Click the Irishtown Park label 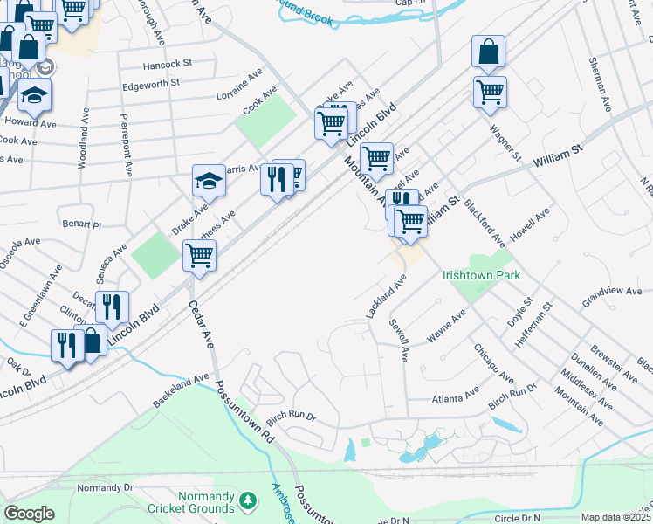(x=481, y=275)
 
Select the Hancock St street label (x=167, y=65)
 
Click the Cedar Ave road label (x=202, y=325)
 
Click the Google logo (x=29, y=514)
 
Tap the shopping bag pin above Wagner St (x=489, y=52)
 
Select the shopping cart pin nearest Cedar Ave (x=199, y=257)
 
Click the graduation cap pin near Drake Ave (x=209, y=182)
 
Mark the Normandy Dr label (x=105, y=487)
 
